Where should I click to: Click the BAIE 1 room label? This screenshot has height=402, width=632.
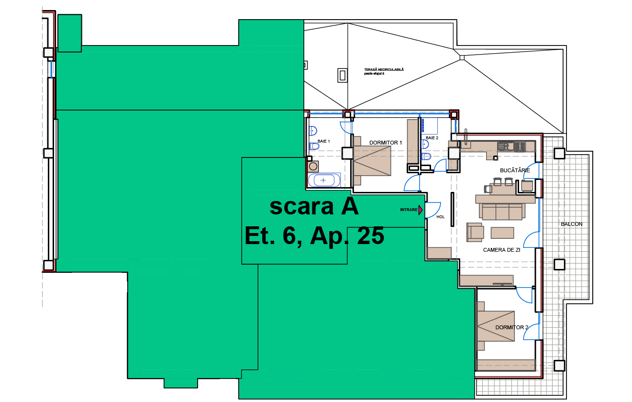pyautogui.click(x=323, y=141)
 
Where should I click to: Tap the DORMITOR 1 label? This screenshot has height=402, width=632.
pyautogui.click(x=386, y=143)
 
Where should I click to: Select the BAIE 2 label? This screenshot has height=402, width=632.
pyautogui.click(x=432, y=138)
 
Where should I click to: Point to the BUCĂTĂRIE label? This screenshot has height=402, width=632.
pyautogui.click(x=515, y=170)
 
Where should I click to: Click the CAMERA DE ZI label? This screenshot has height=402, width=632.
pyautogui.click(x=501, y=250)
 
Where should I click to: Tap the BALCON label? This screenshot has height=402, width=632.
pyautogui.click(x=572, y=224)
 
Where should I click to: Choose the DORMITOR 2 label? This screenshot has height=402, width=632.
pyautogui.click(x=511, y=327)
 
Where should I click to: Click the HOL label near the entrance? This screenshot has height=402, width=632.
pyautogui.click(x=441, y=217)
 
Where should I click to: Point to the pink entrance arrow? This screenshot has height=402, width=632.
pyautogui.click(x=421, y=210)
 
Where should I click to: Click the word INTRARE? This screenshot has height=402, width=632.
pyautogui.click(x=409, y=210)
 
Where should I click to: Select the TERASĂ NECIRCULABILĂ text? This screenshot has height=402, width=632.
pyautogui.click(x=384, y=70)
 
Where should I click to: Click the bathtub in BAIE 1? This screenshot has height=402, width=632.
pyautogui.click(x=324, y=180)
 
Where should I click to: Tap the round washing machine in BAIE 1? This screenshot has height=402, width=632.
pyautogui.click(x=313, y=167)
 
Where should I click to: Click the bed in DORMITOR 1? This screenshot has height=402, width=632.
pyautogui.click(x=372, y=161)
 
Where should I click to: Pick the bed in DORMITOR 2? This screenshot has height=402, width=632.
pyautogui.click(x=495, y=326)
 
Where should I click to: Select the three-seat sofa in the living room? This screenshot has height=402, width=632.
pyautogui.click(x=502, y=212)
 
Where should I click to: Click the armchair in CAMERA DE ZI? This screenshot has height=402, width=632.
pyautogui.click(x=475, y=232)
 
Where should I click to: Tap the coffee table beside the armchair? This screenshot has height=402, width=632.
pyautogui.click(x=502, y=233)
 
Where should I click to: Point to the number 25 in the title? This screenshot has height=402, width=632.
pyautogui.click(x=370, y=236)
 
